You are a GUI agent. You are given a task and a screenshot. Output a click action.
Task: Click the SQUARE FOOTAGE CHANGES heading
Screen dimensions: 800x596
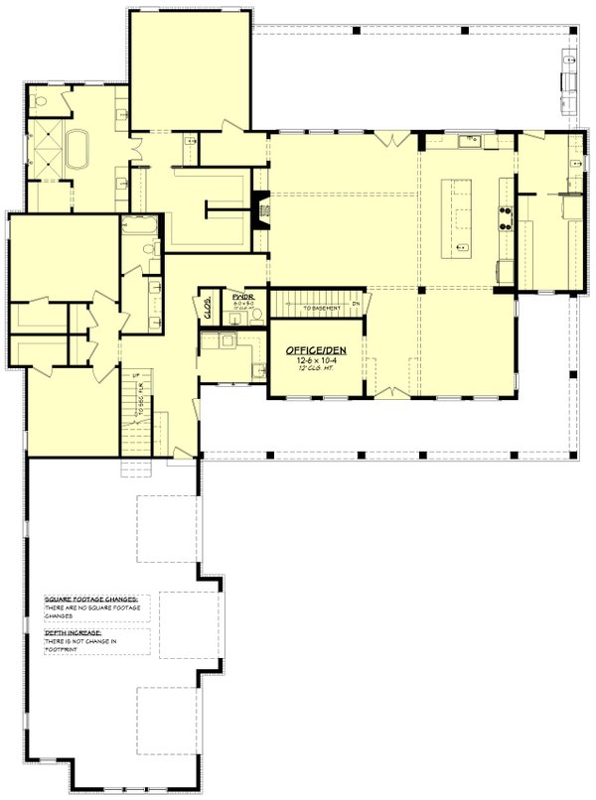click(92, 599)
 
